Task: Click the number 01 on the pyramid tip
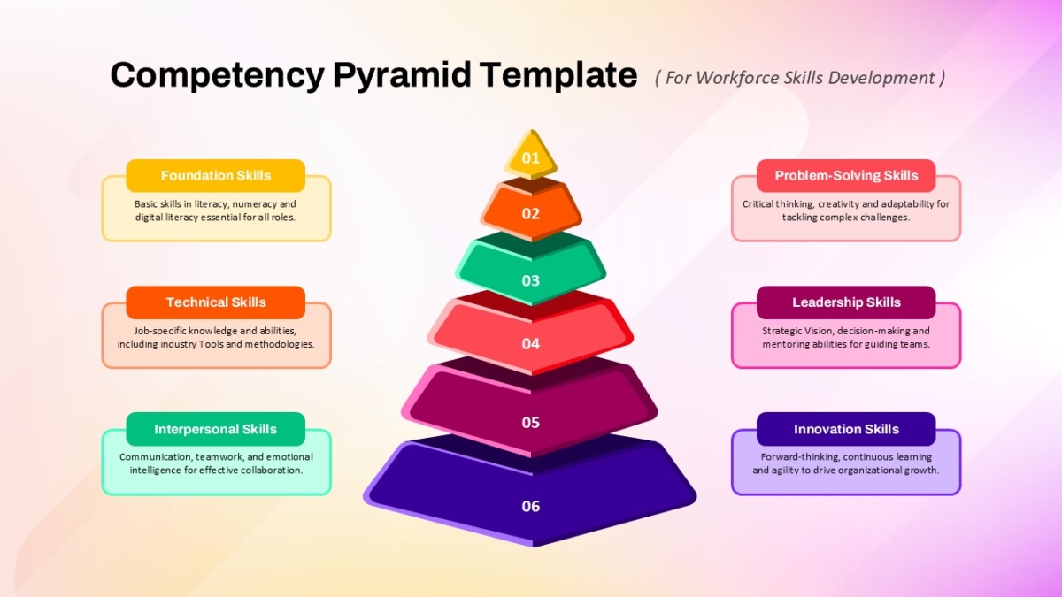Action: pyautogui.click(x=530, y=157)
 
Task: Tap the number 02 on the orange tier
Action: pyautogui.click(x=530, y=214)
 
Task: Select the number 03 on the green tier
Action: pyautogui.click(x=530, y=280)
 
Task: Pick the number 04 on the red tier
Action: pyautogui.click(x=530, y=343)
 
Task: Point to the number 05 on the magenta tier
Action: pyautogui.click(x=530, y=422)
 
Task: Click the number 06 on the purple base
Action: pyautogui.click(x=530, y=506)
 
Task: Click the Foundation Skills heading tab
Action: pyautogui.click(x=216, y=176)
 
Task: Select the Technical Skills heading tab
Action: pyautogui.click(x=216, y=302)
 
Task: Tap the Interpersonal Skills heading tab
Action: pyautogui.click(x=216, y=429)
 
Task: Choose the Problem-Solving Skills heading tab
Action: pyautogui.click(x=846, y=176)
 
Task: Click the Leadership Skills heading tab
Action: pyautogui.click(x=846, y=302)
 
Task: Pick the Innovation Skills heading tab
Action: pyautogui.click(x=846, y=429)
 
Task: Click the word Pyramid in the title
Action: pyautogui.click(x=403, y=76)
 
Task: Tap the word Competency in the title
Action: pyautogui.click(x=218, y=76)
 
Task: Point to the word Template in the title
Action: pyautogui.click(x=558, y=75)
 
